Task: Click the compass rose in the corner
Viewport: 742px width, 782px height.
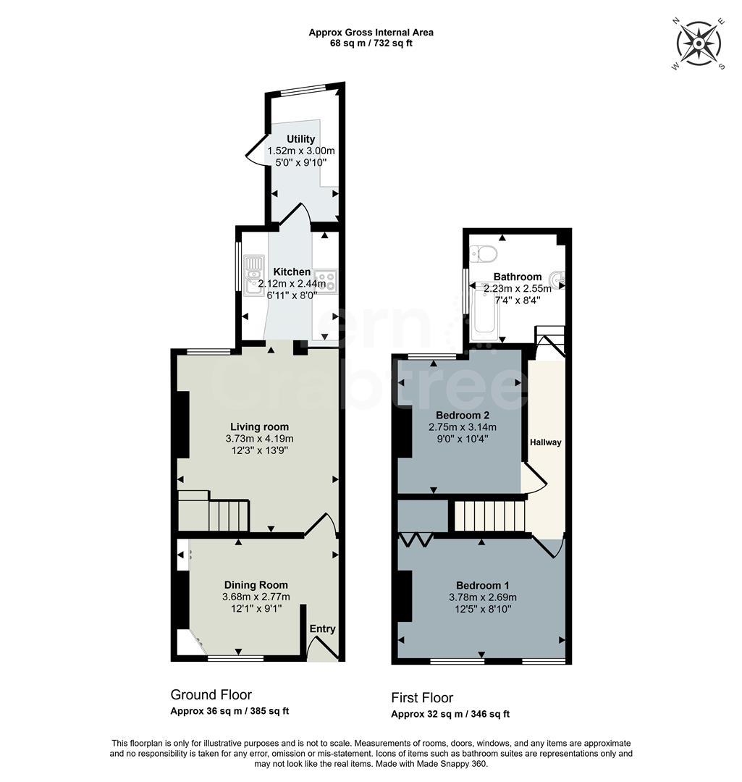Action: click(698, 43)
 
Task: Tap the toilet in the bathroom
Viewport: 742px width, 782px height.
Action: click(484, 254)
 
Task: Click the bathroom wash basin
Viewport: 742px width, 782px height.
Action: click(557, 278)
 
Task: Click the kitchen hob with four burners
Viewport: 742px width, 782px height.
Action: click(325, 280)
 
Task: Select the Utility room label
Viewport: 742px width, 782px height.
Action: click(300, 139)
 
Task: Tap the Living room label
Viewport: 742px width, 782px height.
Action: click(259, 426)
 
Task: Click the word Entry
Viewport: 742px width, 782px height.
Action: click(322, 628)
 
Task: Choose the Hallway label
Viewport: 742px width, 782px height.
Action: click(545, 442)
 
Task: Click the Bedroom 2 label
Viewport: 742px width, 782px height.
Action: click(463, 415)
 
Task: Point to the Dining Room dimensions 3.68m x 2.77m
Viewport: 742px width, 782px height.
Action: click(256, 597)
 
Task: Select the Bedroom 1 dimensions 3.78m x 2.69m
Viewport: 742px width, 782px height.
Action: click(482, 597)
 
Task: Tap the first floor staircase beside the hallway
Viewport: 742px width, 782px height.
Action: click(489, 516)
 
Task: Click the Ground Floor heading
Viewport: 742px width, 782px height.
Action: click(211, 695)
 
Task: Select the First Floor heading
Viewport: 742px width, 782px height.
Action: click(422, 698)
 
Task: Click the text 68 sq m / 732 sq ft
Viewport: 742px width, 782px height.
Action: click(371, 43)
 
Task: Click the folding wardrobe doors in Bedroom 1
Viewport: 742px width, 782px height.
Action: click(416, 539)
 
